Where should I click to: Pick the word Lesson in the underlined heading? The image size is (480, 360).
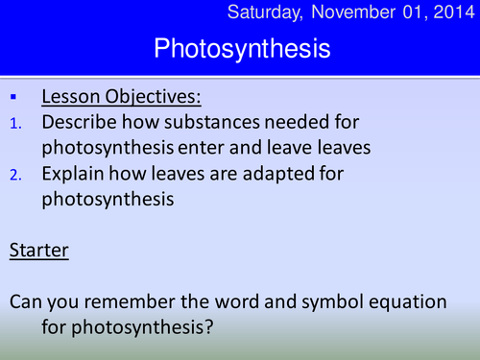coord(71,98)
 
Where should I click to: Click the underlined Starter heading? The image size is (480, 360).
coord(37,251)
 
